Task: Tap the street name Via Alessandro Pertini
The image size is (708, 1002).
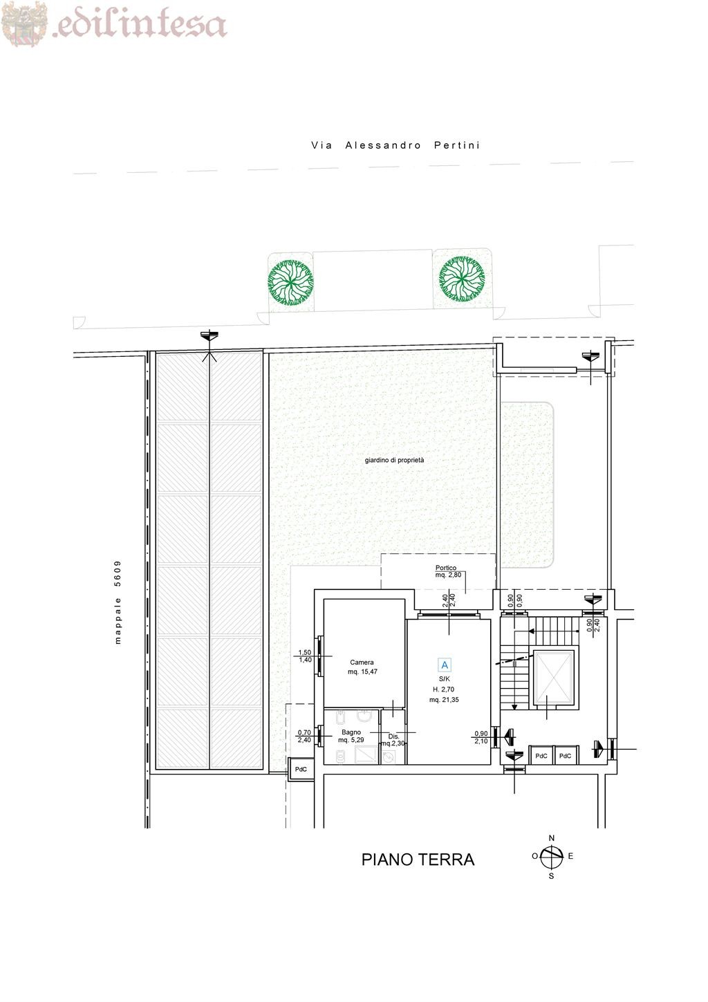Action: pos(395,145)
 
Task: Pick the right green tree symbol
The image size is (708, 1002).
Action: pos(462,279)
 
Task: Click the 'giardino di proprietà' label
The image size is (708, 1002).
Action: pos(394,461)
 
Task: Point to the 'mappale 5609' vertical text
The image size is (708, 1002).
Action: pos(118,602)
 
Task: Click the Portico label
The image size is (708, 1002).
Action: pos(446,568)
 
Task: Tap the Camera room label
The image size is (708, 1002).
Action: pos(362,662)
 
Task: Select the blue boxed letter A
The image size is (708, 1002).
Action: pos(445,665)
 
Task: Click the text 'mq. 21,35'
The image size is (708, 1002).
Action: pos(444,700)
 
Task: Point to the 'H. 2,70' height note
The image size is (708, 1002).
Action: pos(443,689)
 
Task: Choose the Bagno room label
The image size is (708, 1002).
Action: pos(351,732)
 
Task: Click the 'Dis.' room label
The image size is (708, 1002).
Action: pos(393,736)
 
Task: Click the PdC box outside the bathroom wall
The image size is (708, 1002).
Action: pos(301,770)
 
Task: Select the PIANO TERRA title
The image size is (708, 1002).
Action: pos(418,860)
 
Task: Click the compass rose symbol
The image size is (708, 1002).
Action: pos(552,857)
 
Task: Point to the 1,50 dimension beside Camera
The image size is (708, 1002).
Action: pos(305,653)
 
